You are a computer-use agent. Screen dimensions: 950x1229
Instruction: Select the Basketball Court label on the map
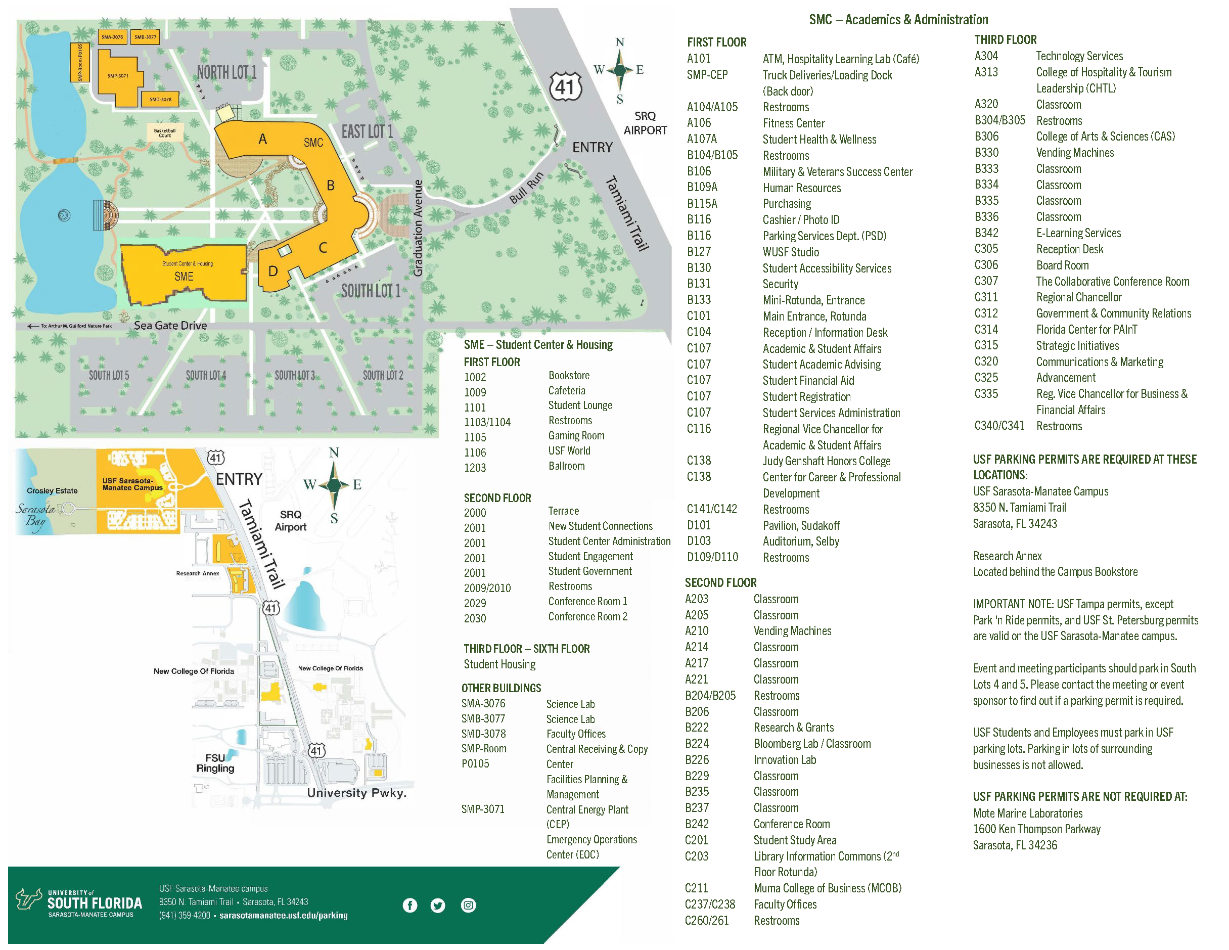point(165,133)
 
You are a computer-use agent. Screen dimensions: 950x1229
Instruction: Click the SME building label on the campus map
point(184,277)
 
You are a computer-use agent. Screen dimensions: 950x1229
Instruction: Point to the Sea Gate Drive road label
point(170,325)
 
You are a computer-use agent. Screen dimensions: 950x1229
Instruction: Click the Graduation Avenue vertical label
point(418,228)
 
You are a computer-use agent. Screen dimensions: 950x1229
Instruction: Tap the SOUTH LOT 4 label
point(206,375)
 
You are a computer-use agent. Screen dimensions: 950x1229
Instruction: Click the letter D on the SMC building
point(273,272)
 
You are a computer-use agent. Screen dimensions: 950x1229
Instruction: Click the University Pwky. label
point(356,792)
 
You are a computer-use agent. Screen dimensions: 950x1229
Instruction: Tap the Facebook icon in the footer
point(409,905)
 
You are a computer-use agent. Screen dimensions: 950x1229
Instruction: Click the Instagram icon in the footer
point(468,905)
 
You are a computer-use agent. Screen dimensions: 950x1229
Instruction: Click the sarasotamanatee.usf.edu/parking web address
point(283,915)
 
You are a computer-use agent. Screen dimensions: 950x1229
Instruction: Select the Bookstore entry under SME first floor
point(569,375)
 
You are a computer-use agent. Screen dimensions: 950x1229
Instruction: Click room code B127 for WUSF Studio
point(698,252)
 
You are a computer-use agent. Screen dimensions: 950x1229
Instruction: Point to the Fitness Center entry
point(793,123)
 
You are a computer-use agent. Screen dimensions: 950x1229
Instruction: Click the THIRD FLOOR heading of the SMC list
point(1005,39)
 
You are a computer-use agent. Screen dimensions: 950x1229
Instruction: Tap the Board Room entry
point(1062,265)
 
